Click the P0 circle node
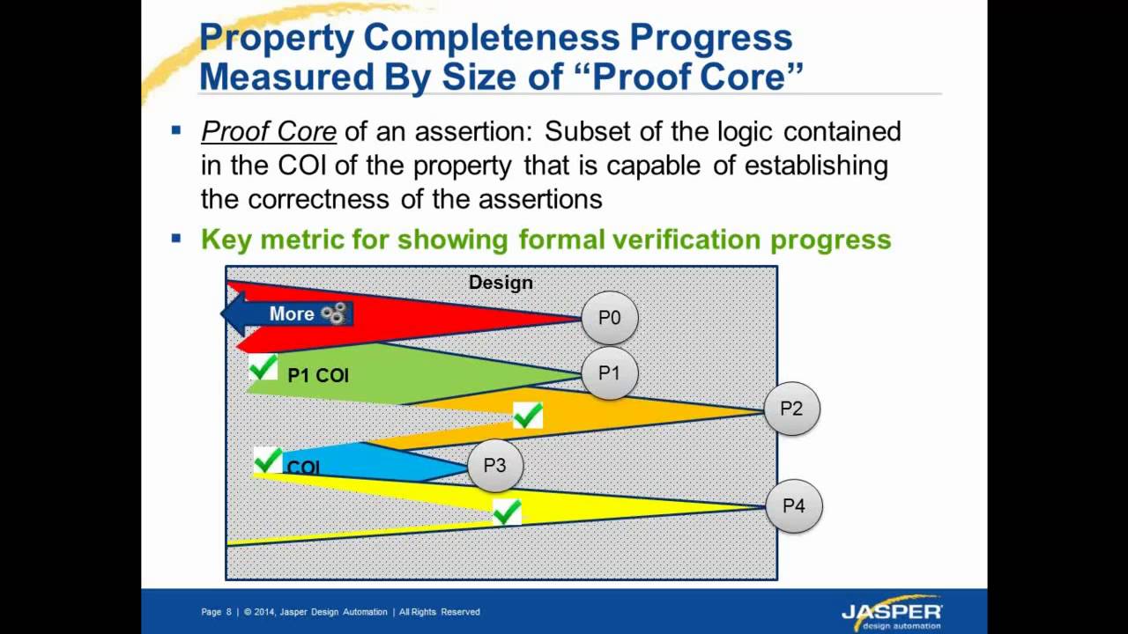[609, 318]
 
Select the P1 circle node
[609, 373]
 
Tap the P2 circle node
[791, 409]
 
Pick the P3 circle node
[494, 465]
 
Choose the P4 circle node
[793, 506]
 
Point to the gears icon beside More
[333, 313]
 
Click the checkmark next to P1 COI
[263, 368]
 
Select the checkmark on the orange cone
[527, 415]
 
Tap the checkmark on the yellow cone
[506, 512]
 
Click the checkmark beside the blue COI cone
[267, 461]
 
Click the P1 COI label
[318, 376]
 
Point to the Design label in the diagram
[501, 283]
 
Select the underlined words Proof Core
[269, 132]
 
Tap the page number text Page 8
[216, 612]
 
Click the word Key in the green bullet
[228, 240]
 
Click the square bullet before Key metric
[176, 238]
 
